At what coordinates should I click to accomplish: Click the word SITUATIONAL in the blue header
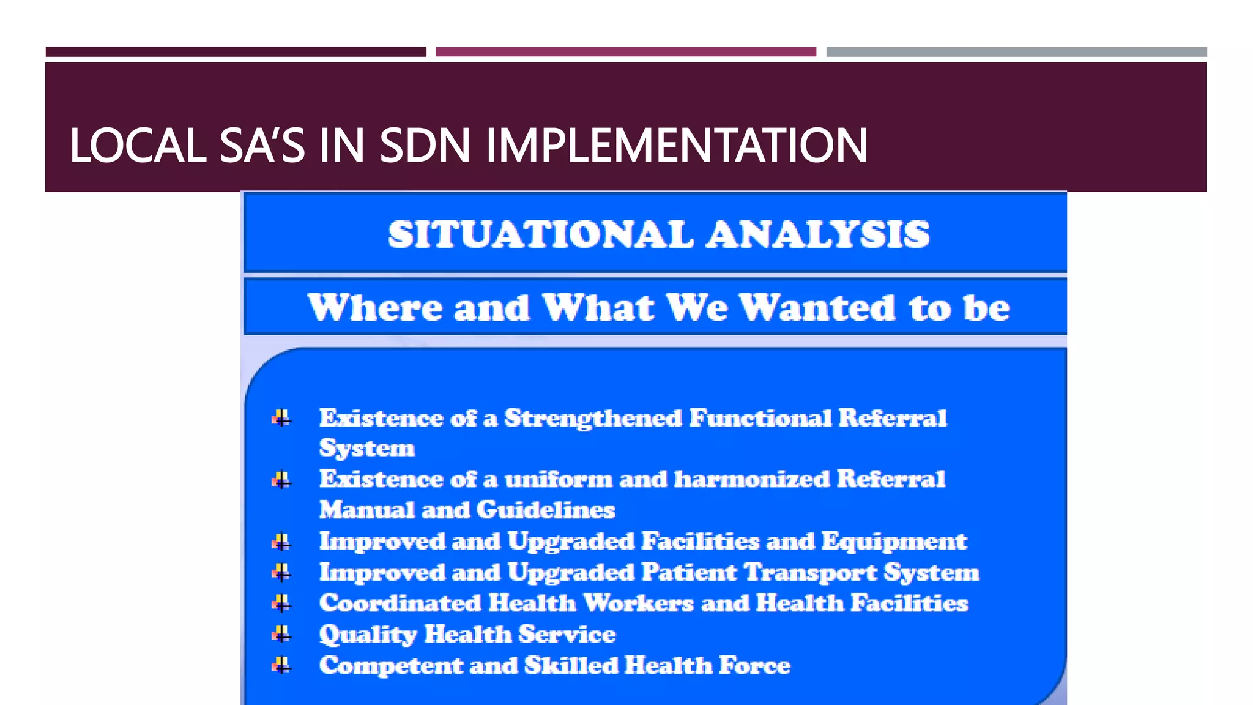click(x=540, y=234)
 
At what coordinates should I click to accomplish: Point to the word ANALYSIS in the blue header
click(x=818, y=234)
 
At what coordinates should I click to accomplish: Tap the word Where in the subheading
click(x=375, y=307)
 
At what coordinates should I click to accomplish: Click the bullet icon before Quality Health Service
click(x=281, y=634)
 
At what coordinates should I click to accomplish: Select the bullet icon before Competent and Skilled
click(x=281, y=665)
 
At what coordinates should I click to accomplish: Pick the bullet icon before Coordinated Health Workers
click(x=281, y=603)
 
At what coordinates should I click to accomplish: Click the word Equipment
click(x=894, y=542)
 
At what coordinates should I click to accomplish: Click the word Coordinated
click(x=400, y=603)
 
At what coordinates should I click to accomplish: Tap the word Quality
click(x=368, y=635)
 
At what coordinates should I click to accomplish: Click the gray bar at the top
click(x=1016, y=52)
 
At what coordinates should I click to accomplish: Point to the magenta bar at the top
click(x=625, y=52)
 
